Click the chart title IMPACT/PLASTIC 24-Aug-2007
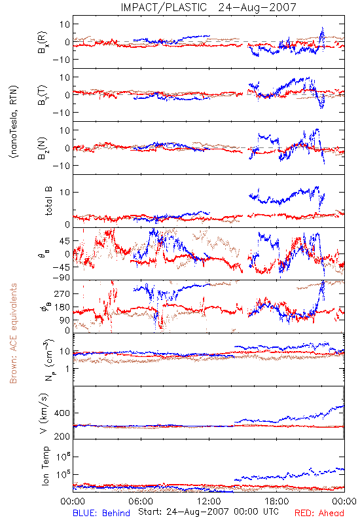pos(208,7)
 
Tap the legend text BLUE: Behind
pos(101,513)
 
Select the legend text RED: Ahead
pos(319,513)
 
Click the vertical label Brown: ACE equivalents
pos(13,333)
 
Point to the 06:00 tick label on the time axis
pos(141,501)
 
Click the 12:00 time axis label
pos(209,501)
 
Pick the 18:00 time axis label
pos(277,501)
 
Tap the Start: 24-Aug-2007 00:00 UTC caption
pos(208,512)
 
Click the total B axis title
pos(48,201)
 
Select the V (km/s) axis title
pos(44,413)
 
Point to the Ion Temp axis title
pos(45,466)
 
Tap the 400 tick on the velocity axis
pos(62,413)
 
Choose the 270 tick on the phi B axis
pos(62,293)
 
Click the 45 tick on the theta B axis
pos(65,241)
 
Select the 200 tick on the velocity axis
pos(62,436)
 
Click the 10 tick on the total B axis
pos(65,192)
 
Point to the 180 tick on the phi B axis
pos(62,307)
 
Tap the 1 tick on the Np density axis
pos(68,369)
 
